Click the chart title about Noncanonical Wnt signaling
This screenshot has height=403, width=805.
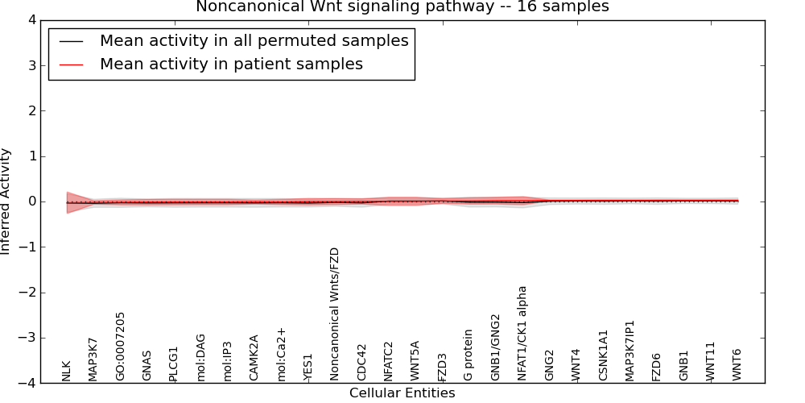(x=402, y=7)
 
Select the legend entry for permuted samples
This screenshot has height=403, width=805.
(x=254, y=40)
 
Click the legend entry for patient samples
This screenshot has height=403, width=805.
(x=231, y=64)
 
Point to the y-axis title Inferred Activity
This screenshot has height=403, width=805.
(x=6, y=201)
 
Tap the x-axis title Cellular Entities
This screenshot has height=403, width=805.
(x=402, y=393)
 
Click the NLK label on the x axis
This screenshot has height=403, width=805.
(x=67, y=370)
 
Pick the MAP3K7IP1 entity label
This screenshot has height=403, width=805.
(x=630, y=351)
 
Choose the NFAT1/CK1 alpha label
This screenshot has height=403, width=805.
(x=522, y=333)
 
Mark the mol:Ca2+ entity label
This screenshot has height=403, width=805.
(x=282, y=354)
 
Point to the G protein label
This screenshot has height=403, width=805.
(x=469, y=355)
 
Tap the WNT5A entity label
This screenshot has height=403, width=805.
(x=415, y=360)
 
